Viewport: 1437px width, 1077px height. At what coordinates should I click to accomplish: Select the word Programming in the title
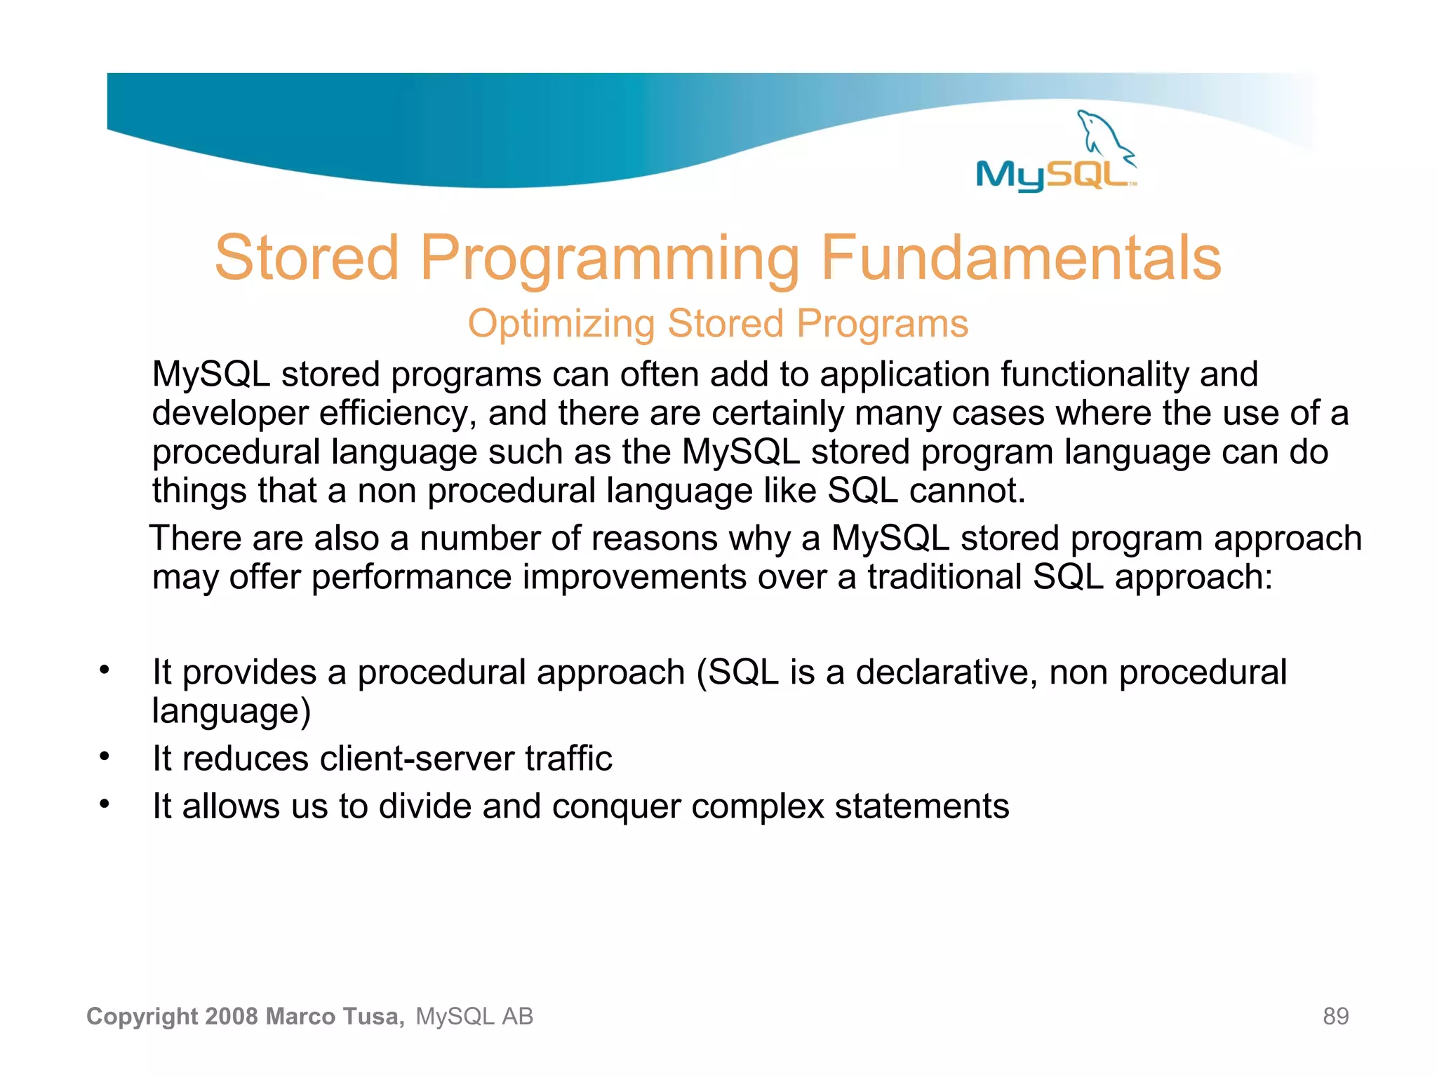[609, 259]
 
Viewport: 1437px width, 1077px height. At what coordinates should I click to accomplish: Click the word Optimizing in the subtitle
[561, 324]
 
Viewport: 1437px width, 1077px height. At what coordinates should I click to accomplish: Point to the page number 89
[1335, 1016]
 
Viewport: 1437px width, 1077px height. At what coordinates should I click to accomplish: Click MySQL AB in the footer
[474, 1016]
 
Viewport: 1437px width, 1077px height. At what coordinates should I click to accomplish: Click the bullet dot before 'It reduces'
[105, 757]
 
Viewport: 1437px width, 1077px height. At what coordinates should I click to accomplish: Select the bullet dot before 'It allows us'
[105, 804]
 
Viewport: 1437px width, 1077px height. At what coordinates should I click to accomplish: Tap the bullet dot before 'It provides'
[105, 670]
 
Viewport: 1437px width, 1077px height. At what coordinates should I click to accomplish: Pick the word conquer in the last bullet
[615, 806]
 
